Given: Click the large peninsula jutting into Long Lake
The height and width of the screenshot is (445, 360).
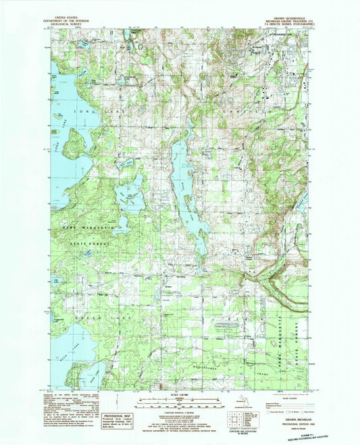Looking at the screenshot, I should tap(76, 144).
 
